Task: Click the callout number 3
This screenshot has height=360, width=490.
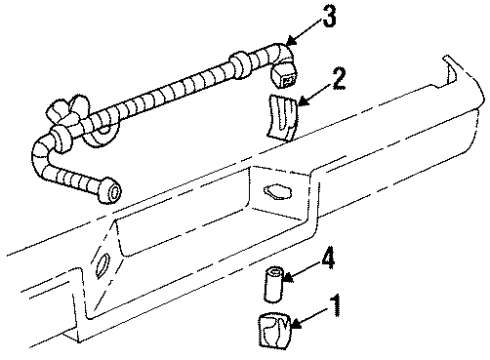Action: [x=329, y=16]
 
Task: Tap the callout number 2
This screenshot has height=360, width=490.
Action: [x=339, y=78]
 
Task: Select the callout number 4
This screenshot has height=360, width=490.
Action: [x=328, y=259]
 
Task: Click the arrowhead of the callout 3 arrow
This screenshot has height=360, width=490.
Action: [x=290, y=42]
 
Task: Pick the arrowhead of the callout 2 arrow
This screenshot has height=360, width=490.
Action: [x=301, y=101]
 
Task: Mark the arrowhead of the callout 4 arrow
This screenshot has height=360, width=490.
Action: [x=287, y=277]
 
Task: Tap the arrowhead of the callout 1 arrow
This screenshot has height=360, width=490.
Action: [x=295, y=323]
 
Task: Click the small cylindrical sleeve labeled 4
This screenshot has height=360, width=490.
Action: [x=273, y=283]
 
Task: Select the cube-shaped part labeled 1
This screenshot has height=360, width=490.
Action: [x=275, y=331]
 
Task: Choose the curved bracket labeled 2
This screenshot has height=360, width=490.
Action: [x=282, y=117]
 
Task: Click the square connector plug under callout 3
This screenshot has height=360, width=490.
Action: [x=284, y=76]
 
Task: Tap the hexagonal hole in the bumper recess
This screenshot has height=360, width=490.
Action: [x=278, y=192]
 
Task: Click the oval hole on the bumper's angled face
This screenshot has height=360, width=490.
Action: [x=102, y=266]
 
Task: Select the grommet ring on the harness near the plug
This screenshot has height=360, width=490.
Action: [x=239, y=64]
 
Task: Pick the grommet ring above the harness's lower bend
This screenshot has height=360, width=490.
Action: [x=60, y=139]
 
